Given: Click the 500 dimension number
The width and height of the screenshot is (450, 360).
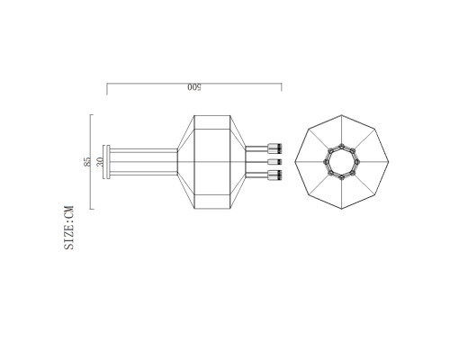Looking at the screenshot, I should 193,87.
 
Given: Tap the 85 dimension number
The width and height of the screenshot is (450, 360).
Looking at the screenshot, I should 86,162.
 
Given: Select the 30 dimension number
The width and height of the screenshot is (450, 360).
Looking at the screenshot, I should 100,162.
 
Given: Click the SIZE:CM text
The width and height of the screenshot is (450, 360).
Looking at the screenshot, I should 69,228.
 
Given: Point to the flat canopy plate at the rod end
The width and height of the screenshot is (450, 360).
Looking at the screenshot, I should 107,162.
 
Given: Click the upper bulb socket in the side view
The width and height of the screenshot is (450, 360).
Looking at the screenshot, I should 274,147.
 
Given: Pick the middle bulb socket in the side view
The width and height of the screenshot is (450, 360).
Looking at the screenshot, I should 274,162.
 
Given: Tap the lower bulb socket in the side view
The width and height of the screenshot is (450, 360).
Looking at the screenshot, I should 274,177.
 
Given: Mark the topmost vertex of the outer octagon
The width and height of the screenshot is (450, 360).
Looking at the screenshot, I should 342,114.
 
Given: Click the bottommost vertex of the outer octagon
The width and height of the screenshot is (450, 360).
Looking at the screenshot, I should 342,210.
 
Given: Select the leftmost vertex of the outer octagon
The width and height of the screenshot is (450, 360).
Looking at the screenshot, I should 294,162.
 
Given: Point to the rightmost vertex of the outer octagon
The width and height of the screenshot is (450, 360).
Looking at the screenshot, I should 390,162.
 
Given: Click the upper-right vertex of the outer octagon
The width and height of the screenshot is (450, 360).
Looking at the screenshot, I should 375,129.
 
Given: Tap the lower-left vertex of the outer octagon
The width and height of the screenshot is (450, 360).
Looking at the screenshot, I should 309,195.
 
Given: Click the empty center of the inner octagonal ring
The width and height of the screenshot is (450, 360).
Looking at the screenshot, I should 342,162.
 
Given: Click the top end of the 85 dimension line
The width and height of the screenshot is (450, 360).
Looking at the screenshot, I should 91,114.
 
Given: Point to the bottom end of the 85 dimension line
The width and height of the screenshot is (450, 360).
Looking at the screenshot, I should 91,210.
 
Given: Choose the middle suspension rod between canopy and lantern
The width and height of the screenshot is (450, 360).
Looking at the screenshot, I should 144,162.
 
